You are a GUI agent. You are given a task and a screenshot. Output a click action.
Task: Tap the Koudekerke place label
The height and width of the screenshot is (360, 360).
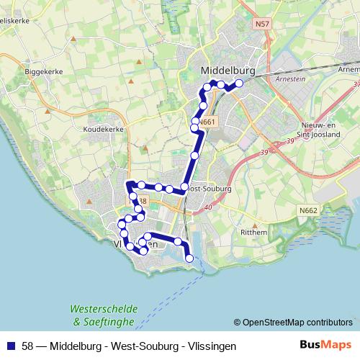pyautogui.click(x=103, y=129)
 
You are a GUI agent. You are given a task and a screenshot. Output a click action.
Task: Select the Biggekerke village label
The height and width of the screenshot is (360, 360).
pyautogui.click(x=45, y=73)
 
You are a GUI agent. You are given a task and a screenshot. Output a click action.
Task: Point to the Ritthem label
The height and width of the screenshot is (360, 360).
pyautogui.click(x=253, y=233)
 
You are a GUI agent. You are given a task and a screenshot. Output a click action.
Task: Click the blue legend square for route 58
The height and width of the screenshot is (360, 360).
pyautogui.click(x=10, y=346)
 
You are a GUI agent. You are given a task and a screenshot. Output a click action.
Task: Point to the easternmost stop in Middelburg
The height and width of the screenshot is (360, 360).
pyautogui.click(x=239, y=83)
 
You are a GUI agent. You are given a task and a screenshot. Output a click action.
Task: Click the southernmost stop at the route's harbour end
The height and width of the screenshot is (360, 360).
pyautogui.click(x=189, y=258)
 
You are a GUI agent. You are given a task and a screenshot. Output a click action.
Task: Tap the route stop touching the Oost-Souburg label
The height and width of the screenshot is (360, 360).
pyautogui.click(x=185, y=187)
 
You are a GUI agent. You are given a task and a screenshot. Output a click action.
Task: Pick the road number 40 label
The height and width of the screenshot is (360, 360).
pyautogui.click(x=207, y=208)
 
